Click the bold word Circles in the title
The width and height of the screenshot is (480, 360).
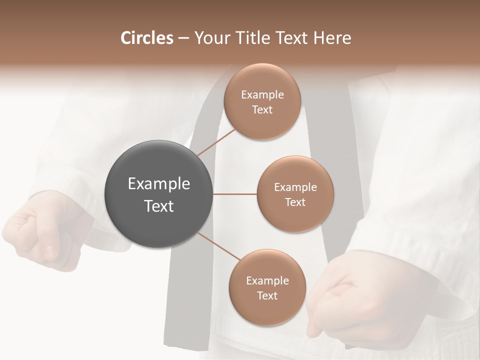pyautogui.click(x=146, y=38)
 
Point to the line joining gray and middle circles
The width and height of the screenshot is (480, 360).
pyautogui.click(x=235, y=194)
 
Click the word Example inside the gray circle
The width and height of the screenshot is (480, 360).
pyautogui.click(x=159, y=184)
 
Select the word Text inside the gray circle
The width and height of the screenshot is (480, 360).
pyautogui.click(x=159, y=206)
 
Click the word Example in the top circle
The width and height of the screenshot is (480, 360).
pyautogui.click(x=262, y=95)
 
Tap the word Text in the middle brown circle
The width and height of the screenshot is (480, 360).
pyautogui.click(x=295, y=202)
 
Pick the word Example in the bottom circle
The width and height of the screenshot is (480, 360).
pyautogui.click(x=267, y=281)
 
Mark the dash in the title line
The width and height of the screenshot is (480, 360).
pyautogui.click(x=183, y=38)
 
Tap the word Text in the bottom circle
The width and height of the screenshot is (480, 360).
pyautogui.click(x=267, y=296)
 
